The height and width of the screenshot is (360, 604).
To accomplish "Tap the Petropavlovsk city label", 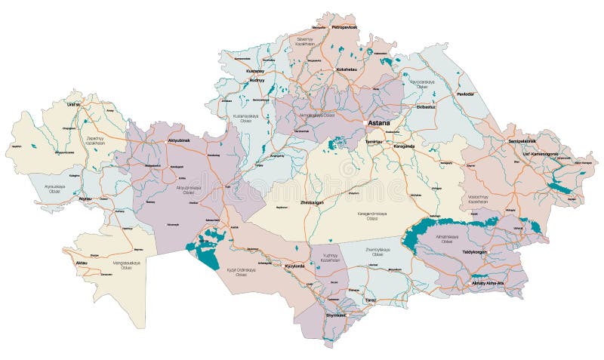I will pyautogui.click(x=344, y=28).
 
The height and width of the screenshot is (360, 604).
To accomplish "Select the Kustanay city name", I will pyautogui.click(x=255, y=71).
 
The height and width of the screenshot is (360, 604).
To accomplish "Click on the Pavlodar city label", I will pyautogui.click(x=466, y=94).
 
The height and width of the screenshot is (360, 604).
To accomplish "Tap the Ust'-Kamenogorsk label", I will pyautogui.click(x=535, y=154).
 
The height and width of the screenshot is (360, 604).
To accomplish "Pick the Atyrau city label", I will pyautogui.click(x=86, y=199).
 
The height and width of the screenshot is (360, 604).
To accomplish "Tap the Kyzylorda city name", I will pyautogui.click(x=294, y=266).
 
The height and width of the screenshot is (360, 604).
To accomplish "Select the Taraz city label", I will pyautogui.click(x=370, y=300).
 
